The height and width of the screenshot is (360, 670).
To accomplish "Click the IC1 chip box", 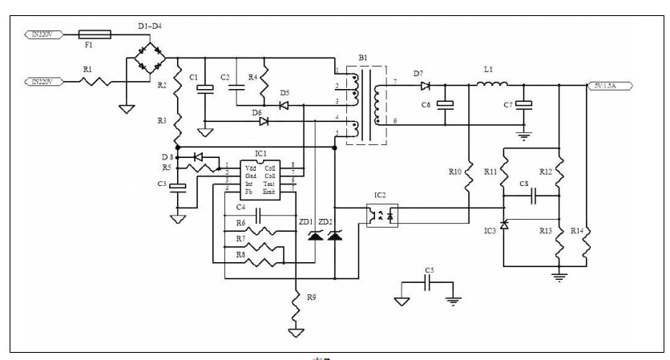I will pos(260,177).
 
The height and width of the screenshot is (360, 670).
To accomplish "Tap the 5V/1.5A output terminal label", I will pos(610,85).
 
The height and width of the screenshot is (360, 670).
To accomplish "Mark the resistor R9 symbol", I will pos(297,302).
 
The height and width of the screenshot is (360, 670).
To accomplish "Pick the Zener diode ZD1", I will pos(313,234).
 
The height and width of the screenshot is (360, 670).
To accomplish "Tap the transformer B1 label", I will pos(363,59).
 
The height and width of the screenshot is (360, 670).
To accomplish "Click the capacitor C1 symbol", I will pos(205,88).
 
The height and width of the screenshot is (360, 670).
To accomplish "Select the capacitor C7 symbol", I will pos(523,104).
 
